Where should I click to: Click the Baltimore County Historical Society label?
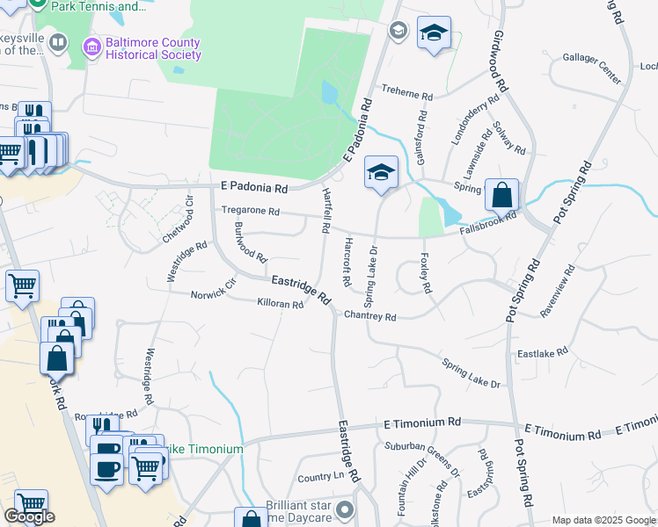(x=153, y=48)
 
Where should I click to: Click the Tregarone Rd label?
(x=250, y=211)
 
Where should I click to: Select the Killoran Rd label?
(x=280, y=304)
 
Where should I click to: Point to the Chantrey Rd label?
(x=369, y=315)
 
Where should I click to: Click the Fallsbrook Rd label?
(x=486, y=227)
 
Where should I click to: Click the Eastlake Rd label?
(x=543, y=353)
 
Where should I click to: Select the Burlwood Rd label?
(x=250, y=242)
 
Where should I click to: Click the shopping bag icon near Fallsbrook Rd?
(x=501, y=194)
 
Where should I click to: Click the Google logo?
(x=29, y=516)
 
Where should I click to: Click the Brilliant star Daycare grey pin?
(x=345, y=509)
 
